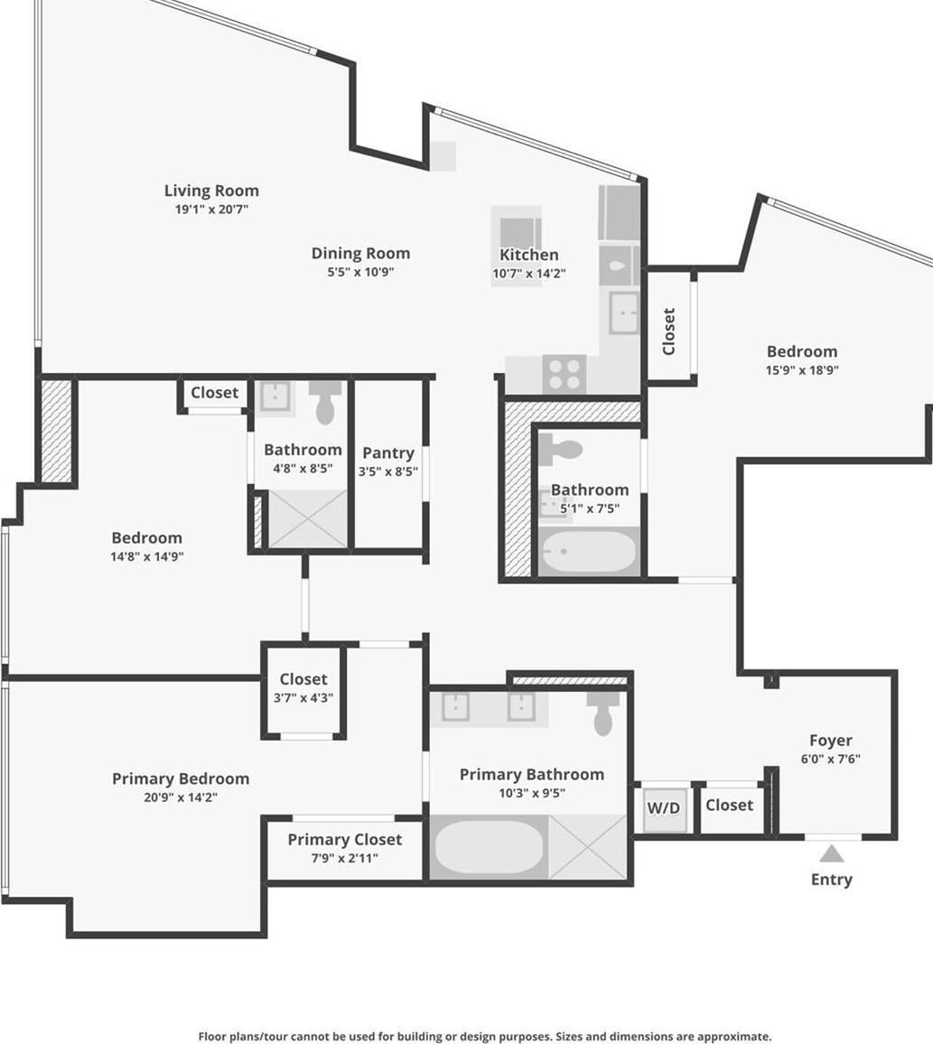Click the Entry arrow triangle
tap(831, 853)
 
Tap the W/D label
tap(664, 807)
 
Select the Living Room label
tap(211, 191)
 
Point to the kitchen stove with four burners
tap(564, 374)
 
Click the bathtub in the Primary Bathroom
tap(489, 847)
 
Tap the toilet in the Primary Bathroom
tap(603, 713)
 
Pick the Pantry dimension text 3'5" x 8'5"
tap(387, 471)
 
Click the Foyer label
tap(830, 741)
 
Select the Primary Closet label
tap(344, 840)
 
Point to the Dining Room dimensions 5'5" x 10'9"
tap(360, 272)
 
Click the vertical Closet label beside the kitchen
tap(669, 331)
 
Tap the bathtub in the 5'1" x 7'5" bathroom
tap(588, 552)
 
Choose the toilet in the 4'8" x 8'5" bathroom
tap(325, 402)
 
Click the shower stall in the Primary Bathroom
tap(587, 847)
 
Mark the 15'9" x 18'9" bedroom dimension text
tap(802, 369)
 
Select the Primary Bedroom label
tap(181, 778)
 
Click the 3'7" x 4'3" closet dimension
tap(303, 697)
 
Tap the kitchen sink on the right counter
tap(623, 312)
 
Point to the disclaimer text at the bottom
tap(484, 1036)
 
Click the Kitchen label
tap(529, 255)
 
